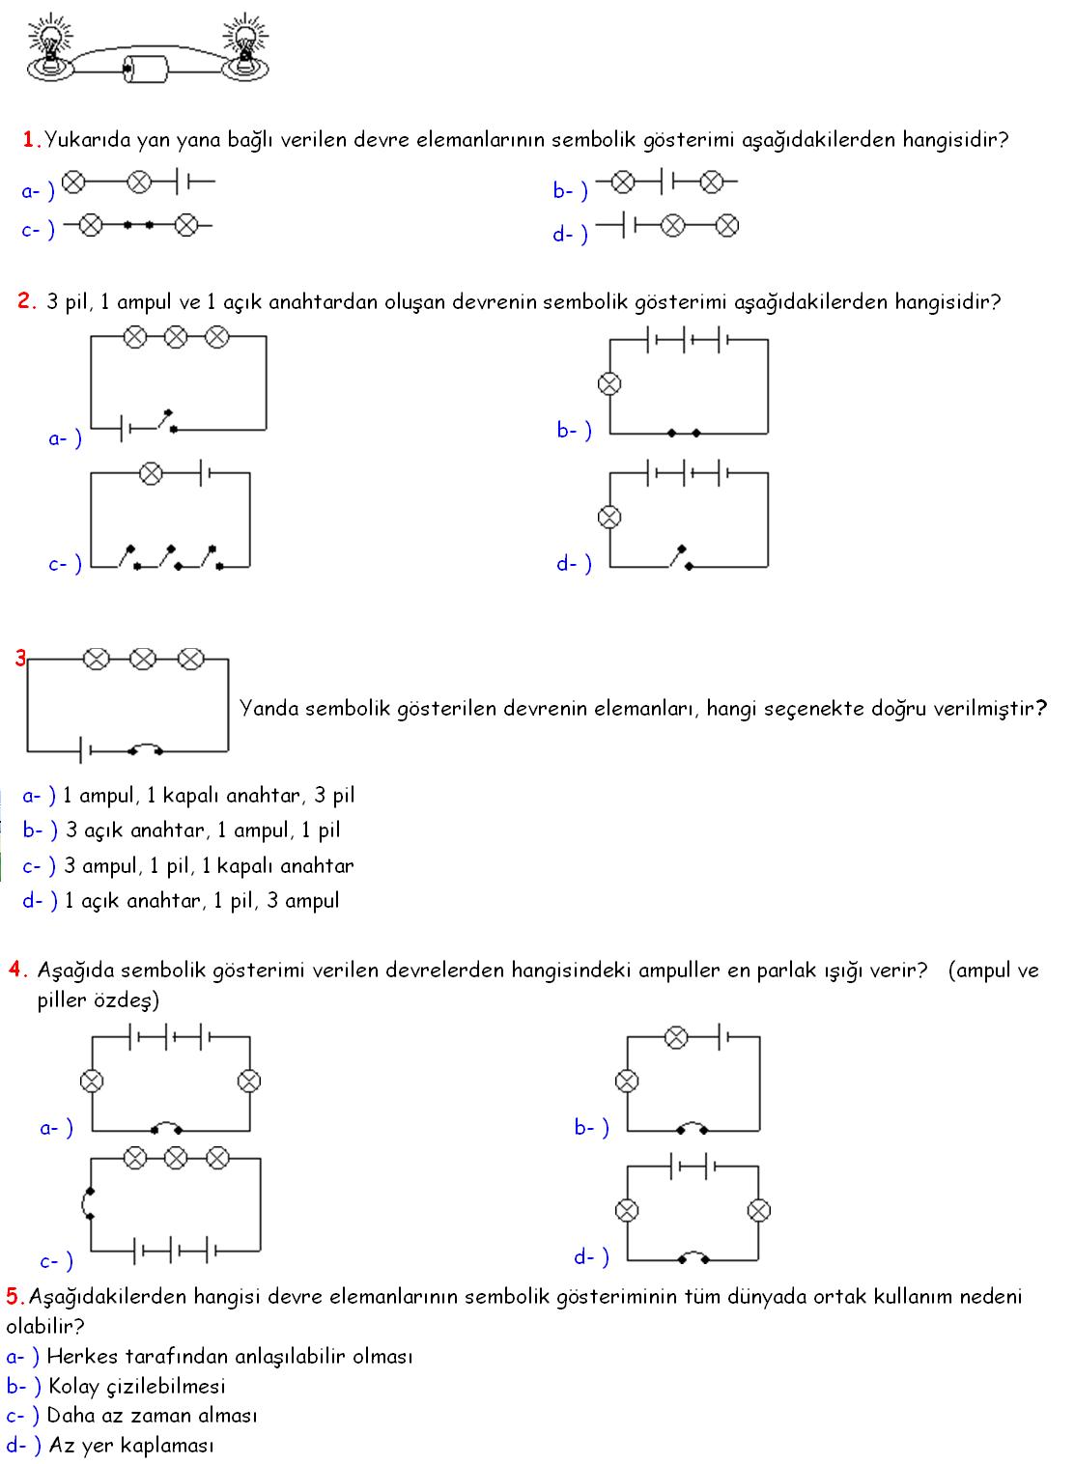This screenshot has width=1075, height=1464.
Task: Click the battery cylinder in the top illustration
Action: [146, 67]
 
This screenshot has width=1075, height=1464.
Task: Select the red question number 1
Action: [29, 139]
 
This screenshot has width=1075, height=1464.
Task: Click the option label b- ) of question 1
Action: [570, 191]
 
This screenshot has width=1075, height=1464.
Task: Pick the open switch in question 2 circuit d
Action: [680, 557]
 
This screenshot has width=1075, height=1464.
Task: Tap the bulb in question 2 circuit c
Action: [151, 473]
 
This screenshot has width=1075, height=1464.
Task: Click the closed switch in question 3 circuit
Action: [145, 747]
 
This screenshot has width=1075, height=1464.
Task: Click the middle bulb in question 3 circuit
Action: [142, 660]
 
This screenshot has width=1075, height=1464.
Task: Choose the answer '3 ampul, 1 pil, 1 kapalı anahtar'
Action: [209, 865]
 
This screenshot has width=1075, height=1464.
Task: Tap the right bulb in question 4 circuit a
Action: [249, 1081]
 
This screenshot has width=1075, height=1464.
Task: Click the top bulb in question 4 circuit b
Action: [676, 1037]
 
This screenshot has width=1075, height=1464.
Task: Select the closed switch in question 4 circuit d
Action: [693, 1256]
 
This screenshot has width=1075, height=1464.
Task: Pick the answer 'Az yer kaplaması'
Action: [130, 1445]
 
